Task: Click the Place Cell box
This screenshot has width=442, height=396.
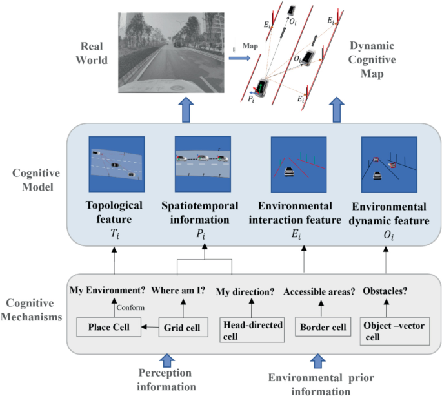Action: click(x=108, y=328)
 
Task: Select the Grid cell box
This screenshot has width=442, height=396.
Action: click(x=180, y=328)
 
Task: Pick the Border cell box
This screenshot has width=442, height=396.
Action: click(x=320, y=328)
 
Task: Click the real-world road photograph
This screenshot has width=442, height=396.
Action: click(x=169, y=55)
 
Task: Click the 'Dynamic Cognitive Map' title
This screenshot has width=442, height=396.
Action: click(x=378, y=61)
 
